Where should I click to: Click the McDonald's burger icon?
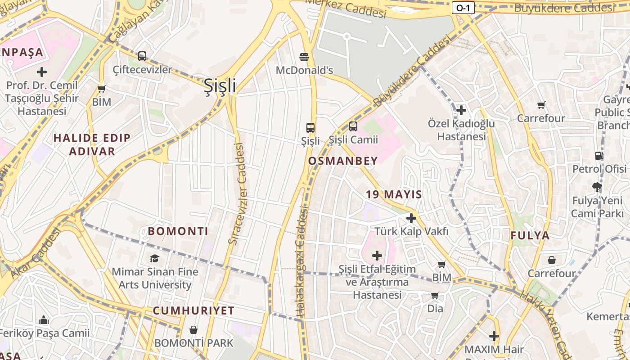point(305,57)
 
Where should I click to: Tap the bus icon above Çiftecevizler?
point(142,56)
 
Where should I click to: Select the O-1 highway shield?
point(463,7)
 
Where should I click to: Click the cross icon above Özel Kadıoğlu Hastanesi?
point(461,110)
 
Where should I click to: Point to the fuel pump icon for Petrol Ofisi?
point(599,156)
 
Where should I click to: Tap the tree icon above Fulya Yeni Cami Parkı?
point(597,186)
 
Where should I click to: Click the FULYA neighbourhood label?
point(530,235)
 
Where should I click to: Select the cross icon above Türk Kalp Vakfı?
point(411,218)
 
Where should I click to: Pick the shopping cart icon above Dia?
point(435,295)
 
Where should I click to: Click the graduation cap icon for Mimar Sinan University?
point(155,258)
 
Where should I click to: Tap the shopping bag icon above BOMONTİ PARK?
point(193,330)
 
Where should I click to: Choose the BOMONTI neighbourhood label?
point(178,231)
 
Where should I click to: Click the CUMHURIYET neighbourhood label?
point(193,310)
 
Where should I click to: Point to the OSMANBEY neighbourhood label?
point(343,161)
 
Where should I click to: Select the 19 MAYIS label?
point(394,194)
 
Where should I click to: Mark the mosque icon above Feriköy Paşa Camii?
point(44,320)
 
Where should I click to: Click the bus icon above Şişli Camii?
point(353,126)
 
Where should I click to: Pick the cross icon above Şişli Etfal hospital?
point(377,256)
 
